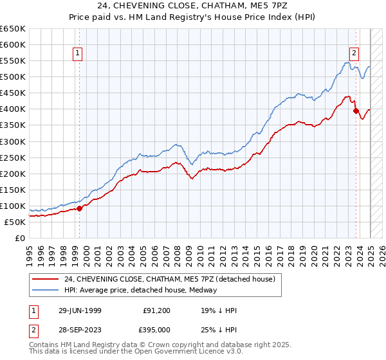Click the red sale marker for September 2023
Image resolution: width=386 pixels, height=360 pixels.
(356, 111)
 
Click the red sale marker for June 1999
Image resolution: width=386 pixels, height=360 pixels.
(80, 208)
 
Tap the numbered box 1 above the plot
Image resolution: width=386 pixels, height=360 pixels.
(77, 54)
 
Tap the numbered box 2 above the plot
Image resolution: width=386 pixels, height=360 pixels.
(354, 54)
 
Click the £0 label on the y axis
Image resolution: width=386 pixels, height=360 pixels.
(19, 238)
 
